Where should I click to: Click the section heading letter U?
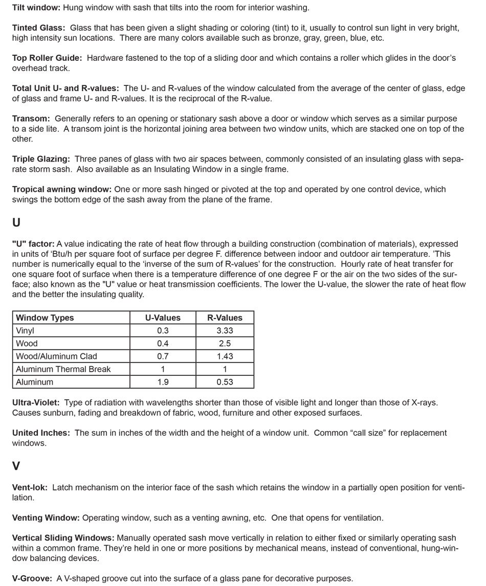click(x=16, y=222)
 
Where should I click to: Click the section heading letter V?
click(x=16, y=466)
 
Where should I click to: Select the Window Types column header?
click(x=45, y=318)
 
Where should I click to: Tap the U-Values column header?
click(x=163, y=318)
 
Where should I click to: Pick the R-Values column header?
click(x=225, y=318)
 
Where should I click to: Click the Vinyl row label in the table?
click(x=25, y=331)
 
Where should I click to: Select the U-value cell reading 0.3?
click(x=163, y=331)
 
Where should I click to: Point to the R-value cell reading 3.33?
click(x=225, y=331)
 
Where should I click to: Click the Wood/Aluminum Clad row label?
click(x=56, y=356)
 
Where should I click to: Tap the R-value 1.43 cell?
click(x=225, y=356)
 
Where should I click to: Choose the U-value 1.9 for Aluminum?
click(x=163, y=382)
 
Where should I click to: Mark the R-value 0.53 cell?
click(x=225, y=382)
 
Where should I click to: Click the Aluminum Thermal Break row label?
click(x=63, y=369)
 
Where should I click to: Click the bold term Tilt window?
click(x=36, y=8)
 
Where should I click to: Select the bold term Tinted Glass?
click(x=38, y=28)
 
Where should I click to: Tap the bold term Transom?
click(x=31, y=119)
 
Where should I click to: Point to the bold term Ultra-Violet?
click(x=36, y=403)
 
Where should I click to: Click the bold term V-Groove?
click(x=32, y=578)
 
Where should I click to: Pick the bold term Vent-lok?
click(x=30, y=488)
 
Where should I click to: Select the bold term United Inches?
click(x=41, y=433)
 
